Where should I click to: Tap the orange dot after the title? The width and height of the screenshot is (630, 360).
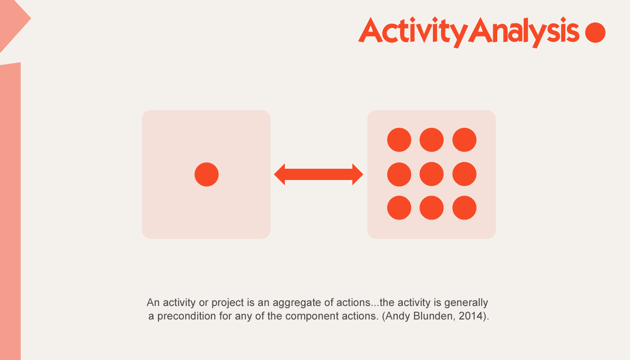tap(595, 32)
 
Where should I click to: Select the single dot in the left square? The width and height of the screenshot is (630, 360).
tap(207, 175)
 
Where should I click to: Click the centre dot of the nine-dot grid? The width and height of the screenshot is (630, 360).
tap(432, 174)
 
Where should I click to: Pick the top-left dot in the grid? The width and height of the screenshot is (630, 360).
tap(399, 140)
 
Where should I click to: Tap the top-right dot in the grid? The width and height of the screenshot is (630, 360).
tap(464, 140)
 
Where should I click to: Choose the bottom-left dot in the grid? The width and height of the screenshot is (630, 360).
tap(399, 208)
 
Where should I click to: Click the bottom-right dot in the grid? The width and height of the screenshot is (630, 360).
tap(464, 208)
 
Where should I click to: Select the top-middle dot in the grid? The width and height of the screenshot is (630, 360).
tap(432, 140)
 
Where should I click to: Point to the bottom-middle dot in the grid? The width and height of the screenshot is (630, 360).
tap(432, 208)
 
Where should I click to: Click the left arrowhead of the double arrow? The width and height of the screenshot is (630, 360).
tap(279, 175)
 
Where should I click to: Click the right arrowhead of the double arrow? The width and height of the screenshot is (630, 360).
tap(358, 175)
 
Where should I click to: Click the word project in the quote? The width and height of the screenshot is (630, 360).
tap(228, 303)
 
